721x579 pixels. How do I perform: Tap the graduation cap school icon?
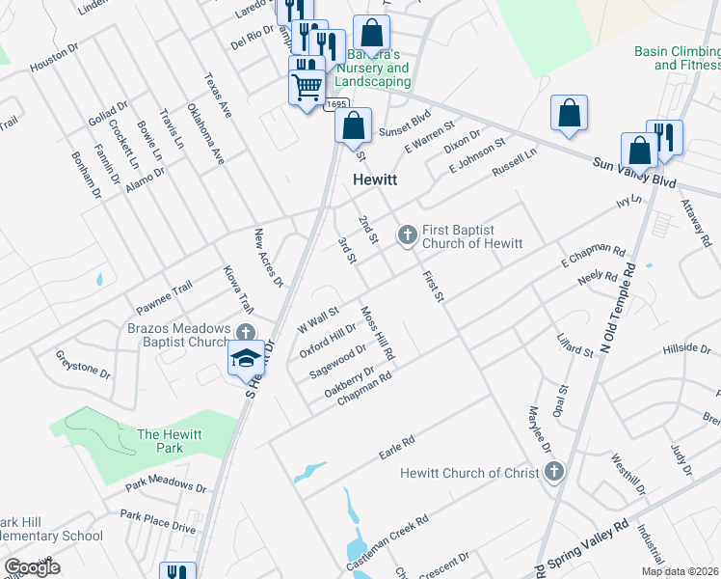tap(246, 357)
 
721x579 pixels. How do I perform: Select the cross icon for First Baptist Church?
tap(408, 234)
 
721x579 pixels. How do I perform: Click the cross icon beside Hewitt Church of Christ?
tap(553, 472)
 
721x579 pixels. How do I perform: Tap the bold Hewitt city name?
tap(376, 179)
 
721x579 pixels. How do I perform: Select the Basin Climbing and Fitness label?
tap(677, 58)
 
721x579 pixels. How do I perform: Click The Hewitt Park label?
tap(169, 442)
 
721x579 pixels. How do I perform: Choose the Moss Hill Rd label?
tap(378, 333)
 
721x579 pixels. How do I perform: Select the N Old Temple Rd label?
tap(617, 307)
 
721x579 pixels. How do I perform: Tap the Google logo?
tap(32, 567)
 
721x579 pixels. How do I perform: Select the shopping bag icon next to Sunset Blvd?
tap(354, 125)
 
